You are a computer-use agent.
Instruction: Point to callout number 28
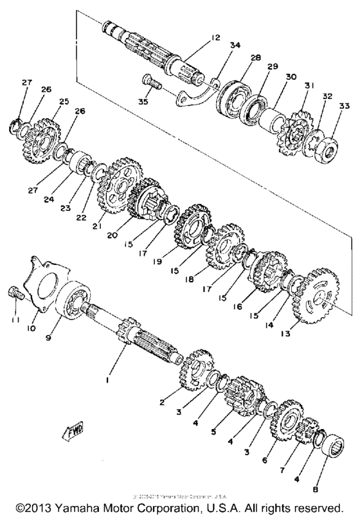256,58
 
